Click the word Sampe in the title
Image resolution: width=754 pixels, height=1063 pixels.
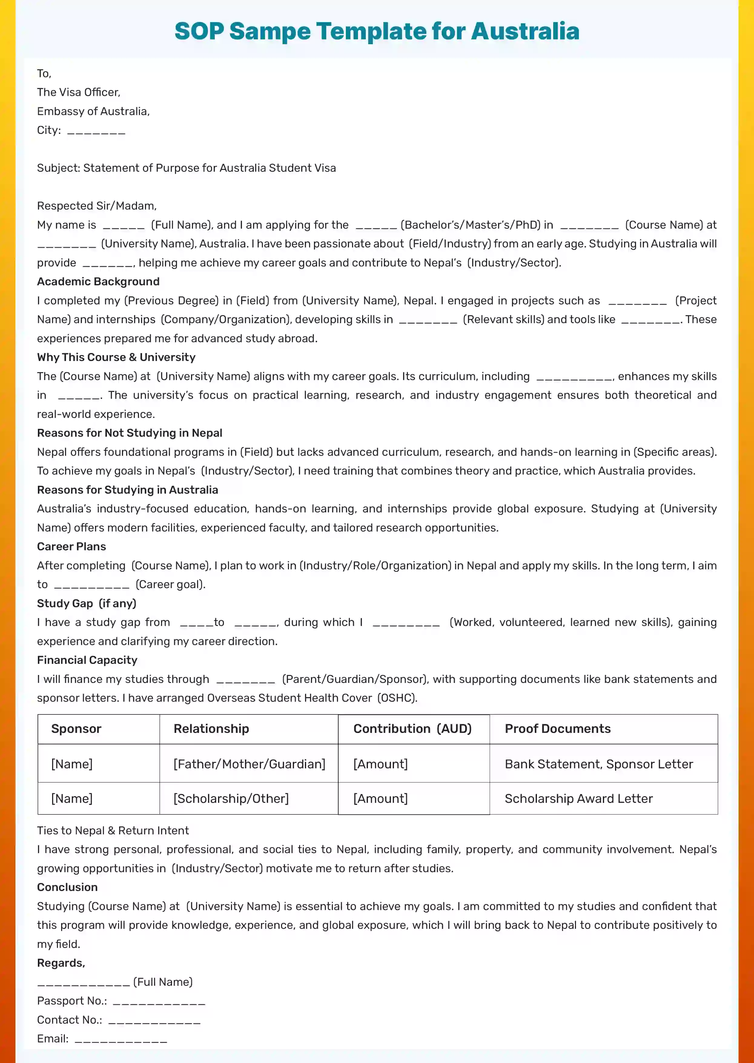(270, 31)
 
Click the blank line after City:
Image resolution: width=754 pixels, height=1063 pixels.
(96, 131)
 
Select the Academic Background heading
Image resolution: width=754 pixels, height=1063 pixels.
(98, 281)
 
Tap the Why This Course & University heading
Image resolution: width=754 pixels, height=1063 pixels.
(116, 357)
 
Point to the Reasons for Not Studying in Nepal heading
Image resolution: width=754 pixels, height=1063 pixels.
(130, 433)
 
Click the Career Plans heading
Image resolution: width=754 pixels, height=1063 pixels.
(71, 547)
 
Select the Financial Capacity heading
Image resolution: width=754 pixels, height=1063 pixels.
(87, 660)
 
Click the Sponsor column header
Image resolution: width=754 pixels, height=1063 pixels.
(76, 729)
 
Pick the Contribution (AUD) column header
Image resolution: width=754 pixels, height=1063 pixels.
(412, 729)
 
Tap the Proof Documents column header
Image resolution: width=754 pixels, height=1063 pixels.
(557, 729)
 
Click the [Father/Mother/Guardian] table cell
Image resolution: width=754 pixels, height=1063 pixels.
(249, 764)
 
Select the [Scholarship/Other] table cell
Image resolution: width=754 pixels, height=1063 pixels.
(231, 798)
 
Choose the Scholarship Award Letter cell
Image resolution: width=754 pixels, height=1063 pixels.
(578, 798)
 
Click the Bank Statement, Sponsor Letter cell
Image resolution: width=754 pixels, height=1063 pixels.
(598, 764)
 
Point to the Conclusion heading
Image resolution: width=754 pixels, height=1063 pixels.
(67, 887)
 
